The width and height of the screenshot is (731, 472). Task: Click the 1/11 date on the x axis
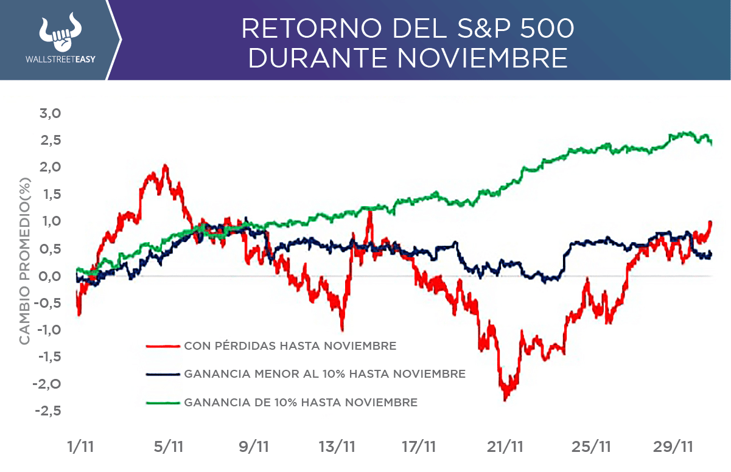tap(80, 447)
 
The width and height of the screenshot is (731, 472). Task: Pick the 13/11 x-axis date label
tap(337, 447)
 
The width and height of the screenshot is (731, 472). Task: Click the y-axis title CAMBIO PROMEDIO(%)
tap(24, 262)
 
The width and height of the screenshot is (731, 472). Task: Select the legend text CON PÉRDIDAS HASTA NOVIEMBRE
tap(290, 346)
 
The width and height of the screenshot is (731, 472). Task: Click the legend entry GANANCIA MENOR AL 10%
tap(324, 374)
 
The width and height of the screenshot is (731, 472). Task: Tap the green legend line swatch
tap(163, 402)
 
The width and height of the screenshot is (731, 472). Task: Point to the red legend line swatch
tap(163, 346)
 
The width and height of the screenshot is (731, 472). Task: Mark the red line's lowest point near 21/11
tap(505, 399)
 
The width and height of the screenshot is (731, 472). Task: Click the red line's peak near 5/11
tap(164, 165)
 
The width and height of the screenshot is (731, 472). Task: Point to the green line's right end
tap(712, 143)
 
